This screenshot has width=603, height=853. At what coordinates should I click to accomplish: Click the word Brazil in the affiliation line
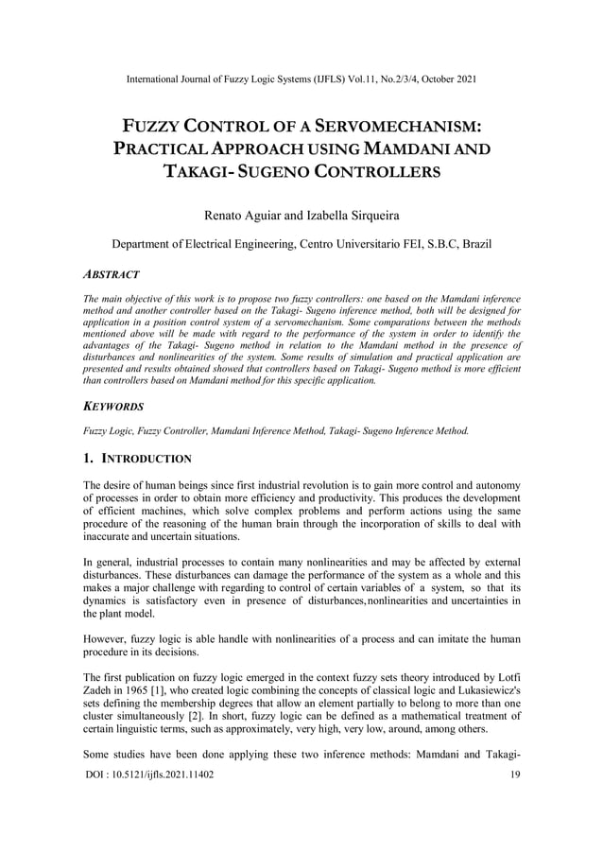pos(473,245)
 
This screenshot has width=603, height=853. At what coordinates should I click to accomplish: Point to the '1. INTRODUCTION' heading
pos(137,459)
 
